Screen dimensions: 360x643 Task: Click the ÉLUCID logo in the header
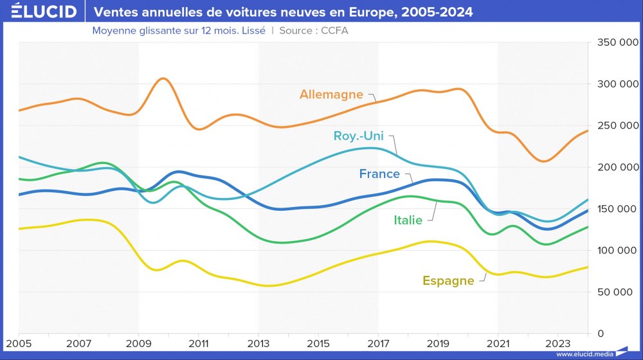pos(40,12)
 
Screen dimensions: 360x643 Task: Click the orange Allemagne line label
pos(331,94)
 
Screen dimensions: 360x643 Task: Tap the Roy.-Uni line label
pos(359,136)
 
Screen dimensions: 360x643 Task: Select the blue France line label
pos(379,174)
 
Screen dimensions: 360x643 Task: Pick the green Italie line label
pos(408,221)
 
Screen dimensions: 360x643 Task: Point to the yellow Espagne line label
pos(448,280)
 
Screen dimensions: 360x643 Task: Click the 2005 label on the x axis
pos(19,344)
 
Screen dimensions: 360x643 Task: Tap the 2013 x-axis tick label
pos(258,344)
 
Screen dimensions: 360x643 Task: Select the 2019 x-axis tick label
pos(439,344)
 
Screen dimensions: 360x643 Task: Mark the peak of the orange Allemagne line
pos(163,78)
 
